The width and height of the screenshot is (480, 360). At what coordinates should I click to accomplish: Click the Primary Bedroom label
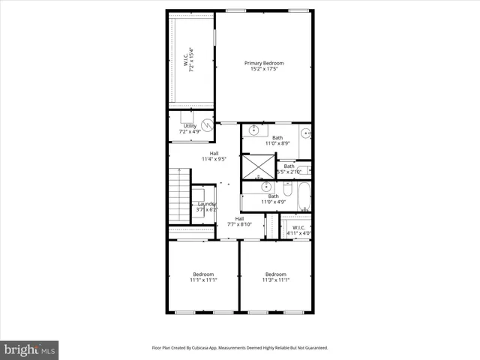(264, 63)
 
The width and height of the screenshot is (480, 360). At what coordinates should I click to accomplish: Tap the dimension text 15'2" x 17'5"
(264, 70)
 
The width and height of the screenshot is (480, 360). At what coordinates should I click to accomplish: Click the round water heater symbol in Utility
(206, 127)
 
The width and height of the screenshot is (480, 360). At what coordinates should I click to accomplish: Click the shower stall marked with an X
(258, 166)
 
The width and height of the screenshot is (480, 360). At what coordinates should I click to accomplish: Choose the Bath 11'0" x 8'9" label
(277, 141)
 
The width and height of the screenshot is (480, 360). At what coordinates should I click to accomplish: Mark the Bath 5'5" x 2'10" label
(289, 169)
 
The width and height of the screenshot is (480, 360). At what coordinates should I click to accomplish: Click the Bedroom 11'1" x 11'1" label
(203, 277)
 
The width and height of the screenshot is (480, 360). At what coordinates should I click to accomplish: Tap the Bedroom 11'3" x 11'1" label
(276, 277)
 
